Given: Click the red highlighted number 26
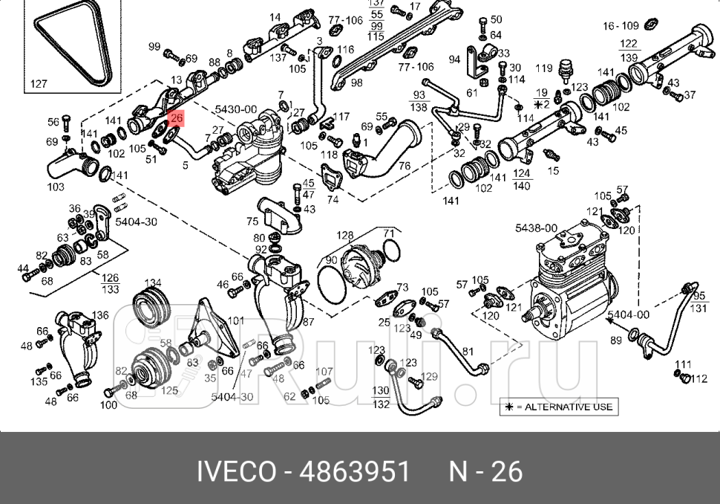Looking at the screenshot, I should click(x=177, y=118).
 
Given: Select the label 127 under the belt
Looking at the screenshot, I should click(x=39, y=83).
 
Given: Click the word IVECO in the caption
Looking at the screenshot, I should click(x=236, y=472).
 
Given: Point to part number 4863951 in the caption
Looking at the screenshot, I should click(x=354, y=472).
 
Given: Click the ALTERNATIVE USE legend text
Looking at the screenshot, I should click(x=568, y=407).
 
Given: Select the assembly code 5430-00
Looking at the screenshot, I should click(x=236, y=109).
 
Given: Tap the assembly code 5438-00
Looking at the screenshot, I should click(x=536, y=227).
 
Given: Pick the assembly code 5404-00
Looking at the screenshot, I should click(x=628, y=314).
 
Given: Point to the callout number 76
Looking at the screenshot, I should click(x=405, y=166).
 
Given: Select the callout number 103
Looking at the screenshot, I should click(x=56, y=187).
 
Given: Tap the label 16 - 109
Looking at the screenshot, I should click(x=621, y=26).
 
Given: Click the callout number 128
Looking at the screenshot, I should click(x=344, y=235).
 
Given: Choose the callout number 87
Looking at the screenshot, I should click(x=307, y=322).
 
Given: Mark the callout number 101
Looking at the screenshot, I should click(x=235, y=321).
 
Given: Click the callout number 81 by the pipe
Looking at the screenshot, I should click(x=468, y=352).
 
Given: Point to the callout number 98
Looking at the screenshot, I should click(x=356, y=83).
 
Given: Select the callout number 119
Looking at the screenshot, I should click(x=543, y=68).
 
